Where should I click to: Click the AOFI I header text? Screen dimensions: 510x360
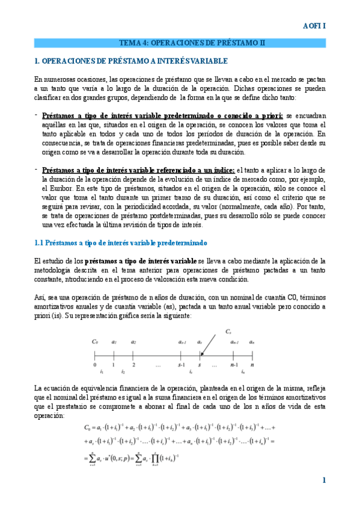(314, 26)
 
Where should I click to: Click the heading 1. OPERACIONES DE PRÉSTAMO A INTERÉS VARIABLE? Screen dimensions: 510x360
(131, 61)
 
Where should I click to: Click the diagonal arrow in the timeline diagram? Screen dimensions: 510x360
(209, 345)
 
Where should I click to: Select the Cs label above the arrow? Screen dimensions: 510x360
(228, 331)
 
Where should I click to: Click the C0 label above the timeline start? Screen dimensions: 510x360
(95, 342)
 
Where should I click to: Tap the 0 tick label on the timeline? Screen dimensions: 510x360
(94, 364)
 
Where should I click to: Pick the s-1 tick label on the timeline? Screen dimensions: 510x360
(180, 364)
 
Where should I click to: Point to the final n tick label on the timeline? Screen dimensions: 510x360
(252, 364)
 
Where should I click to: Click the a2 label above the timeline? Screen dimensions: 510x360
(133, 342)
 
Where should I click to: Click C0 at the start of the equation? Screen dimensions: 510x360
(88, 428)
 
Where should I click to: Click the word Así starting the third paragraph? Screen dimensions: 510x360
(40, 297)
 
